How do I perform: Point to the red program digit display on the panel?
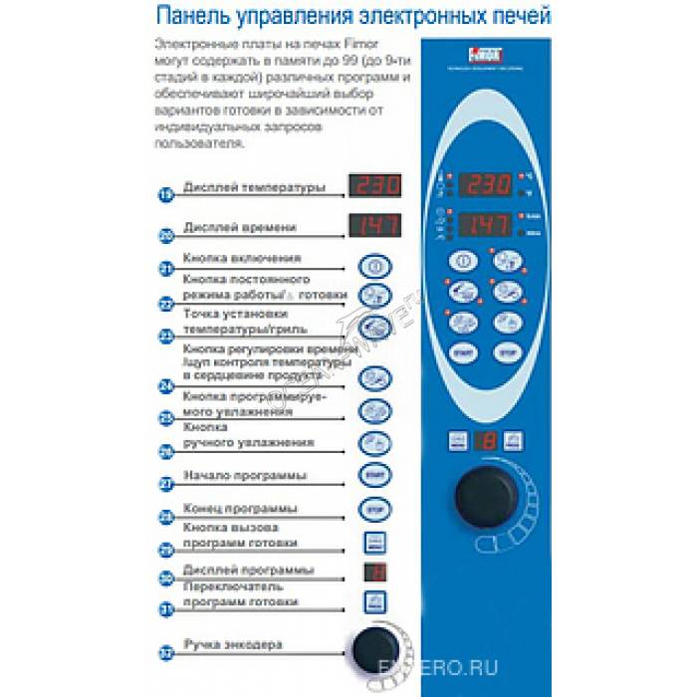pyautogui.click(x=485, y=441)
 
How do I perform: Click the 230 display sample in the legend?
pyautogui.click(x=374, y=185)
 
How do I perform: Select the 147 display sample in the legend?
pyautogui.click(x=374, y=226)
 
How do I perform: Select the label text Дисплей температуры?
pyautogui.click(x=254, y=187)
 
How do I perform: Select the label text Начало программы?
pyautogui.click(x=245, y=475)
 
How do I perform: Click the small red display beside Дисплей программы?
pyautogui.click(x=374, y=572)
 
